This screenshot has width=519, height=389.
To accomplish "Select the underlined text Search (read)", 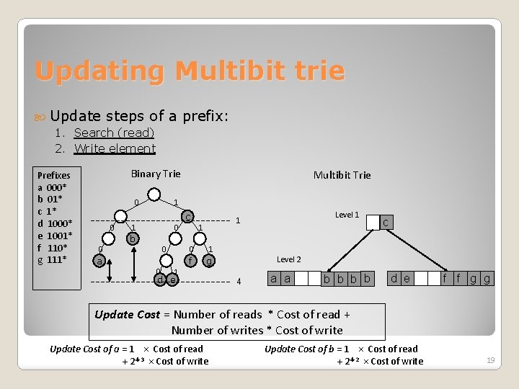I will (114, 133).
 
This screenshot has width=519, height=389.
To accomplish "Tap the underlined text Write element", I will (115, 148).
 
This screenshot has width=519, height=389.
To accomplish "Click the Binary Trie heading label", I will (156, 174).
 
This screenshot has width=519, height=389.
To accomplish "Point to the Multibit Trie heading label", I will (342, 175).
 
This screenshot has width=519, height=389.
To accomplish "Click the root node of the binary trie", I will (154, 194).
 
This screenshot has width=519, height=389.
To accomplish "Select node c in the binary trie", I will (187, 216).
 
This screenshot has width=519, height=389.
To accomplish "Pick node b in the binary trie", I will (131, 238).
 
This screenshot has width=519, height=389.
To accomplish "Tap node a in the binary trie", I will (99, 261).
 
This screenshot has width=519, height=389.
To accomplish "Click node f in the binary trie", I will (190, 261).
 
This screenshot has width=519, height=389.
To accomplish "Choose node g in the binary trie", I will (209, 261).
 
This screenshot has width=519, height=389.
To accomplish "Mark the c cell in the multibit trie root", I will (386, 223).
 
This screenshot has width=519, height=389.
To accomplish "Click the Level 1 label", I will (347, 215).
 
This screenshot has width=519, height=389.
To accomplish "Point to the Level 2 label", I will (289, 259).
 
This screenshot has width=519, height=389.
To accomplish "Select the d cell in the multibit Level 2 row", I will (394, 278).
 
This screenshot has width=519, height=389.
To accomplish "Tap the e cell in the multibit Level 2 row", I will (407, 278).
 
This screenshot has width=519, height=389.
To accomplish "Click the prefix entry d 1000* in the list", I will (54, 223).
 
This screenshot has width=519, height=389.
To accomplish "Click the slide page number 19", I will (490, 359).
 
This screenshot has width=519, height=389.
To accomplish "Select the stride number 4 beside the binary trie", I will (239, 281).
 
